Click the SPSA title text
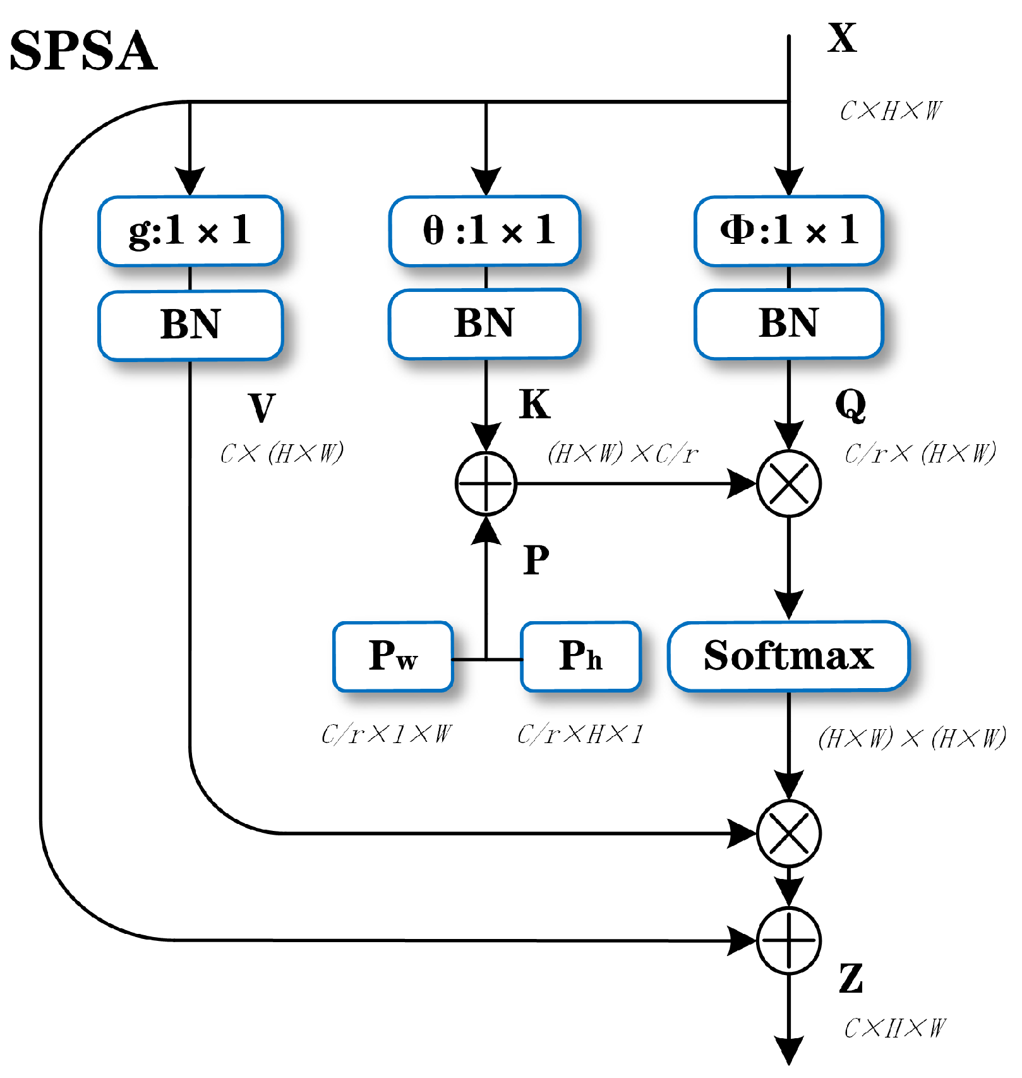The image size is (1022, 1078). click(83, 51)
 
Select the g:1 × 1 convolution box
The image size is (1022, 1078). click(190, 231)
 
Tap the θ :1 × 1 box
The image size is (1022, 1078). click(485, 231)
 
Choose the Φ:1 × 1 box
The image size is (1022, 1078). click(788, 231)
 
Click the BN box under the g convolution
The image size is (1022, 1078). click(190, 325)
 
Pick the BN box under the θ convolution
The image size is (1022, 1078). click(485, 324)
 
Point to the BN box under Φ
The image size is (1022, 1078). click(788, 324)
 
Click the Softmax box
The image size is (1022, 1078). click(788, 656)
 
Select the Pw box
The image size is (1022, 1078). click(393, 657)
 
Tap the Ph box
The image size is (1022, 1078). click(580, 657)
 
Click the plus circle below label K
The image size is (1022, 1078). click(486, 483)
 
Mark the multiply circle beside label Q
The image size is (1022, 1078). click(788, 483)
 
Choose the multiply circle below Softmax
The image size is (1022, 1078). click(788, 833)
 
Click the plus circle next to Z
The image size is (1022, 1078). click(788, 940)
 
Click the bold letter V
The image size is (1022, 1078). click(262, 408)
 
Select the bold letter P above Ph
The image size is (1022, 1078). click(536, 560)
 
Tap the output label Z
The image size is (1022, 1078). click(851, 979)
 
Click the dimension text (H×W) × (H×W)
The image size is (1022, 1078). click(911, 738)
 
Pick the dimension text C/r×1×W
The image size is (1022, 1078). click(387, 734)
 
